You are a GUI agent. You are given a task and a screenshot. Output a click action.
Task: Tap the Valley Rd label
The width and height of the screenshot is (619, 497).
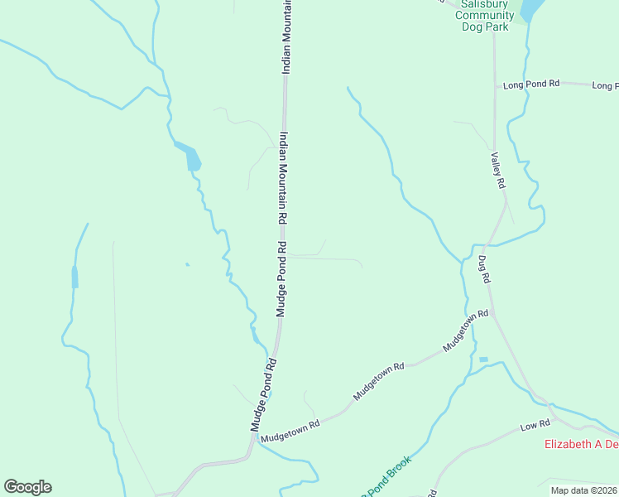498,171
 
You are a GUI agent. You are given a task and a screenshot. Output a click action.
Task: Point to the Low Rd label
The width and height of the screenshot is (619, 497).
535,425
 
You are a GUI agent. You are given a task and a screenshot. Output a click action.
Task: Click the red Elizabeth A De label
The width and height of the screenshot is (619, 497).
581,444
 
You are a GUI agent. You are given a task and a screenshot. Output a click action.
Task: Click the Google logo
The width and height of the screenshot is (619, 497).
27,487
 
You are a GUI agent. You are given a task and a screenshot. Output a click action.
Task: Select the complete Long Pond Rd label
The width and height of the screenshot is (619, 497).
531,84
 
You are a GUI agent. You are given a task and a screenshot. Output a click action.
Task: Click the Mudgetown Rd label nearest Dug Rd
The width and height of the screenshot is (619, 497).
466,331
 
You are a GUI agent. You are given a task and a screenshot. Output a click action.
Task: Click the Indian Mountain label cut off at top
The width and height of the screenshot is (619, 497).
287,37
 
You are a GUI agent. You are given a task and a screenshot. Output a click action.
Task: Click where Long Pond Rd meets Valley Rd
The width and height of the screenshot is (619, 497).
495,84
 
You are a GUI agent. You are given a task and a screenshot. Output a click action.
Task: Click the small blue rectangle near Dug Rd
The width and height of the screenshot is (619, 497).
483,359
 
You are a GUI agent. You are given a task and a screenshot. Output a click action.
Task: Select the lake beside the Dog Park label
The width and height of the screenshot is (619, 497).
530,10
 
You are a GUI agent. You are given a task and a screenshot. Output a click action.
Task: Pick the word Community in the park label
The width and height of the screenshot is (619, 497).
484,14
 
